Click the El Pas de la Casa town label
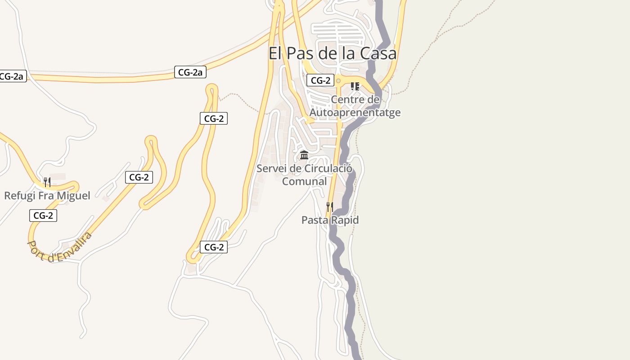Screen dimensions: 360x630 [333, 54]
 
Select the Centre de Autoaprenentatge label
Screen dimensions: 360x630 [355, 106]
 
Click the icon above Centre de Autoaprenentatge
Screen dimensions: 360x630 [355, 86]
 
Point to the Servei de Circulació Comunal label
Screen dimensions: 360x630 [304, 175]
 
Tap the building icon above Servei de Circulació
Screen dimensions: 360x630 [304, 155]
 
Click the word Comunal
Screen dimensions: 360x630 [304, 181]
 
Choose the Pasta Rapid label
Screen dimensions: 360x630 [330, 220]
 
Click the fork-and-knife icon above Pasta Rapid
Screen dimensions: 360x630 [330, 207]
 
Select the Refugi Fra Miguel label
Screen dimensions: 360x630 [47, 196]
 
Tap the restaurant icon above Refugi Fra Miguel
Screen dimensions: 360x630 [47, 182]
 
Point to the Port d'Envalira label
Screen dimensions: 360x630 [60, 247]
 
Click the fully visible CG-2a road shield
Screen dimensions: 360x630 [190, 72]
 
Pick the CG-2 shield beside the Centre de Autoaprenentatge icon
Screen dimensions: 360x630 [320, 81]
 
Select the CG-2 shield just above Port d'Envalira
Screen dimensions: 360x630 [43, 216]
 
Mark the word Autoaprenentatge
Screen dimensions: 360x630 [355, 112]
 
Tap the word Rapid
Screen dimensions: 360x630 [345, 220]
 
